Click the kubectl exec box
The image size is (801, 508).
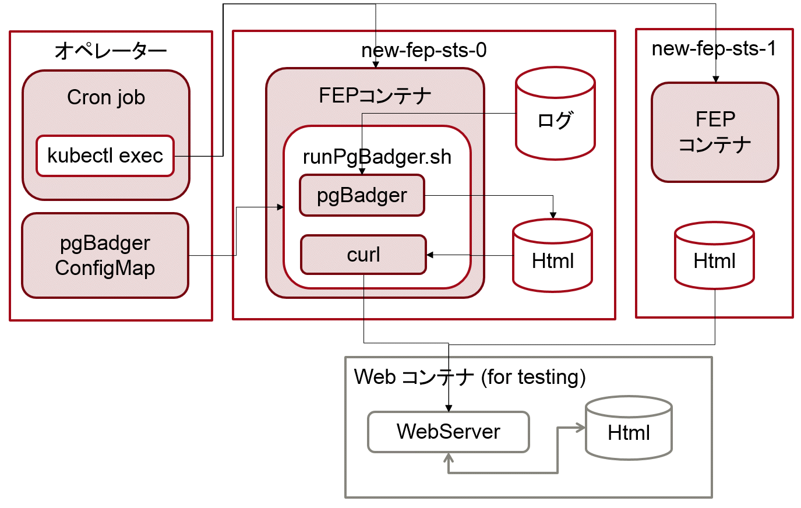(105, 156)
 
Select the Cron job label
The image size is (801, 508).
(106, 98)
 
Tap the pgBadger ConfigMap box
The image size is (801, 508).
(105, 256)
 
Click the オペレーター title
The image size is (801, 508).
(111, 51)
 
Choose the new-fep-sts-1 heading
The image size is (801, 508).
(714, 48)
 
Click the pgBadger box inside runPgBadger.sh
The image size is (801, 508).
(362, 195)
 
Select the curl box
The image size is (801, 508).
(364, 255)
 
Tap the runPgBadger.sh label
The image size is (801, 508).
(377, 157)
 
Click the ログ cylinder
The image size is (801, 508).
(555, 113)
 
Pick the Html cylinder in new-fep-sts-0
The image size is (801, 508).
(552, 256)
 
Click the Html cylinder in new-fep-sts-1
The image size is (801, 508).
(714, 255)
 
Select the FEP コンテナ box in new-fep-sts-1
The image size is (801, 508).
(715, 132)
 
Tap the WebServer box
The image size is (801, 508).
(449, 432)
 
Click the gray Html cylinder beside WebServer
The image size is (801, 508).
(629, 428)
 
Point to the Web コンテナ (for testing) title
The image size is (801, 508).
(470, 377)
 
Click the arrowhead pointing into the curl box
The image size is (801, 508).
(430, 255)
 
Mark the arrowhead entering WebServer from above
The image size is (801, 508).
(449, 408)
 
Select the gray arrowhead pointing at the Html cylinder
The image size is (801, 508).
(581, 428)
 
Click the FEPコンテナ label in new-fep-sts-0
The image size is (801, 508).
(375, 96)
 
